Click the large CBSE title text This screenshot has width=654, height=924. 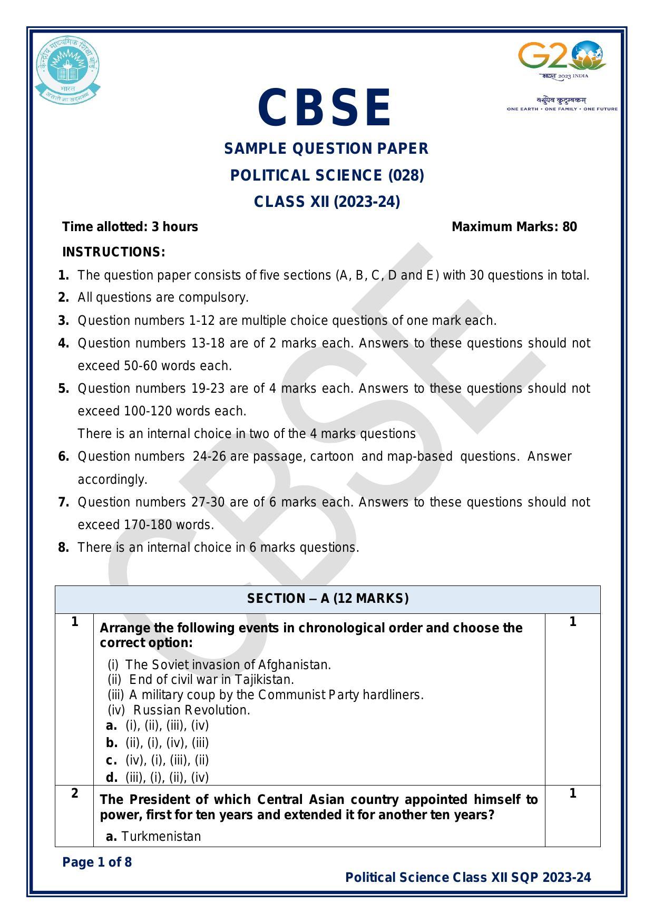326,108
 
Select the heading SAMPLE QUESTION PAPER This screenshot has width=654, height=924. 326,149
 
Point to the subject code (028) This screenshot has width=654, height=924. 406,175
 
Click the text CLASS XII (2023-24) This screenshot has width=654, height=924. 327,202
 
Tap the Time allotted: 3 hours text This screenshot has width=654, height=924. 130,227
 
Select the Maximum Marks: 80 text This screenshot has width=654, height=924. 514,227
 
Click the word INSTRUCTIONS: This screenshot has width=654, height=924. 114,252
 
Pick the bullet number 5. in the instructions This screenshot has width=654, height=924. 64,389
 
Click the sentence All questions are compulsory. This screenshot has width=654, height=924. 163,297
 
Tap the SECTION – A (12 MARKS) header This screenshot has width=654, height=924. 327,599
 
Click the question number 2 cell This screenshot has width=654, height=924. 74,793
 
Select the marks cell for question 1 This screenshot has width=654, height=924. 572,622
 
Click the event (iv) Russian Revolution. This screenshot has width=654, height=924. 179,710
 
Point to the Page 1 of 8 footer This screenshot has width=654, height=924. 97,862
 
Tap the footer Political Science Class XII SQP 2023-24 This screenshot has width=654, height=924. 467,878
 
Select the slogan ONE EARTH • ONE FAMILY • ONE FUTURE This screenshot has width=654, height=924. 562,109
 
